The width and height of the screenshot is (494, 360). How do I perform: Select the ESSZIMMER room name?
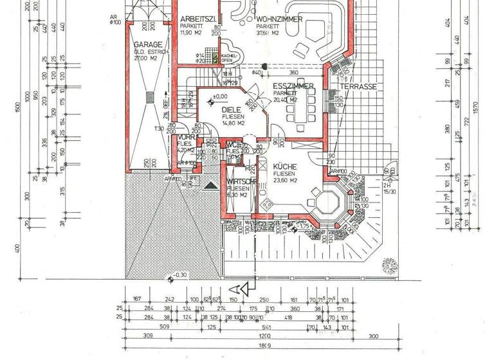coord(293,86)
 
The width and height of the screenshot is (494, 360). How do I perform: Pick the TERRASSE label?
coord(358,86)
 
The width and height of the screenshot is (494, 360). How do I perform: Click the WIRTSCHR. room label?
coord(241,182)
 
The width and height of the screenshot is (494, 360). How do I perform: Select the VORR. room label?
coord(185,138)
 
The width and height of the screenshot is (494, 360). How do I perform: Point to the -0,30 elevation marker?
coord(178,275)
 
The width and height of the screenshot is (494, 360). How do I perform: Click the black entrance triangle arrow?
coord(210,185)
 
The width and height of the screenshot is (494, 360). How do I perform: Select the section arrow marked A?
coord(243,287)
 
